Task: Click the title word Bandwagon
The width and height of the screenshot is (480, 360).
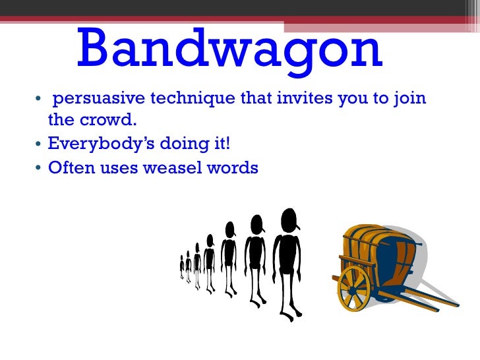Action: click(x=229, y=50)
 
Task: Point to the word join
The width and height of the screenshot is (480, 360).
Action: click(x=410, y=100)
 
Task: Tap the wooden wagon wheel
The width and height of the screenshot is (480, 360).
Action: click(x=354, y=289)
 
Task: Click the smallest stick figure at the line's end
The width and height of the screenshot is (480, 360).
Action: click(x=182, y=267)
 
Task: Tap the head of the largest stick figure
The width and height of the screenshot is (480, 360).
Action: click(x=289, y=219)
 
